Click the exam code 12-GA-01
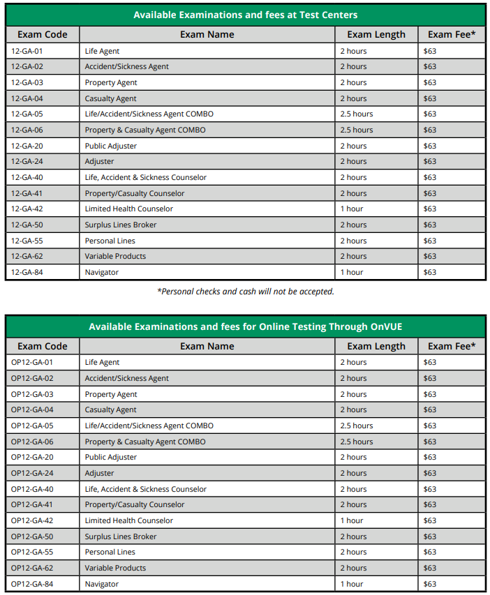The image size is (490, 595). [27, 51]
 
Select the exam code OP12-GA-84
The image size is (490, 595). [32, 584]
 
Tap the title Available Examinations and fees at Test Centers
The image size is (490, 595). [245, 15]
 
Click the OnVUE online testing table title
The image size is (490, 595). [245, 326]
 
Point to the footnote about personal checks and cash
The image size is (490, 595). [245, 292]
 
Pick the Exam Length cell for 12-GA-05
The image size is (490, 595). [356, 114]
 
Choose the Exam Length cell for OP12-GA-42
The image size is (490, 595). [352, 520]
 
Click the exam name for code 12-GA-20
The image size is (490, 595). [111, 146]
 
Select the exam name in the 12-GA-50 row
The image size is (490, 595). [121, 225]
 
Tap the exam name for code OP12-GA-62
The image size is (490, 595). [115, 568]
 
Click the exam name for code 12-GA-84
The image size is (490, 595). [102, 272]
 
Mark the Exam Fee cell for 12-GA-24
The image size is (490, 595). [430, 161]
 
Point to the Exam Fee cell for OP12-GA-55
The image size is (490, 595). [430, 552]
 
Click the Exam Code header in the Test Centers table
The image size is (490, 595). [43, 34]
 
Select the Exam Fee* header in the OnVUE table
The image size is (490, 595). [452, 346]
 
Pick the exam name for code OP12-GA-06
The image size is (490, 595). [145, 442]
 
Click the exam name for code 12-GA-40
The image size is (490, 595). [146, 177]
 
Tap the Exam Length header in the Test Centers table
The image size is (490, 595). [376, 34]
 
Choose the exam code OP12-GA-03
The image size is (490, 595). [32, 394]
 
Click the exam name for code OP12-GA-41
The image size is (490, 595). [135, 504]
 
